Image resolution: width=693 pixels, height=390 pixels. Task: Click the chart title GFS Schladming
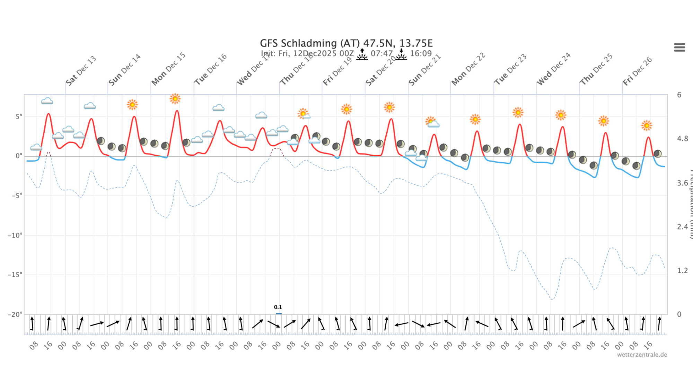click(x=346, y=43)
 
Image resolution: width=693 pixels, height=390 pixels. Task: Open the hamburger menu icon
click(x=679, y=47)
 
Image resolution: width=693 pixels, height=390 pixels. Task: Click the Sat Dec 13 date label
click(x=81, y=71)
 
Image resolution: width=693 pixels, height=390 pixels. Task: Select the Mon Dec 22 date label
click(x=468, y=69)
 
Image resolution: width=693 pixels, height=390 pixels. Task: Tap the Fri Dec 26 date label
click(x=637, y=71)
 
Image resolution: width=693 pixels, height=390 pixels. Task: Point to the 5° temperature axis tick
click(x=19, y=116)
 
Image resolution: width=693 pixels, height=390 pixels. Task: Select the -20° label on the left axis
click(x=15, y=314)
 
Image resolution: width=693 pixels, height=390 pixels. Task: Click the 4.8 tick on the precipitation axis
click(x=682, y=139)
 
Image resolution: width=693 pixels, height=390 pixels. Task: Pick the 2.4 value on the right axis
click(x=682, y=227)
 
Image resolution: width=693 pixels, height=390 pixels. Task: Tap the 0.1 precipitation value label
click(x=278, y=307)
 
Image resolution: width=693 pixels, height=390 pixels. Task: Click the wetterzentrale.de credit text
click(x=642, y=355)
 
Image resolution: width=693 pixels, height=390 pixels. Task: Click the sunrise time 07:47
click(x=381, y=54)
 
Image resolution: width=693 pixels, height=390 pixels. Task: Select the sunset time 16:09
click(x=421, y=54)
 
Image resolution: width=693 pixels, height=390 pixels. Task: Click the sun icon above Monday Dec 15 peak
click(x=175, y=99)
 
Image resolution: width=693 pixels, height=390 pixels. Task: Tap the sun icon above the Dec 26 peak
click(x=646, y=125)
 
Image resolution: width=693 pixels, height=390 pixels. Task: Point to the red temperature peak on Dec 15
click(x=177, y=111)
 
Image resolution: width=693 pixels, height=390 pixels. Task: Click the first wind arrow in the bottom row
click(x=32, y=323)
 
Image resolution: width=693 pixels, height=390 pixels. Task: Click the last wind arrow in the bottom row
click(x=659, y=323)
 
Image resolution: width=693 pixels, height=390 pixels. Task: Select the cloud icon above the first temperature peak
click(x=47, y=101)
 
